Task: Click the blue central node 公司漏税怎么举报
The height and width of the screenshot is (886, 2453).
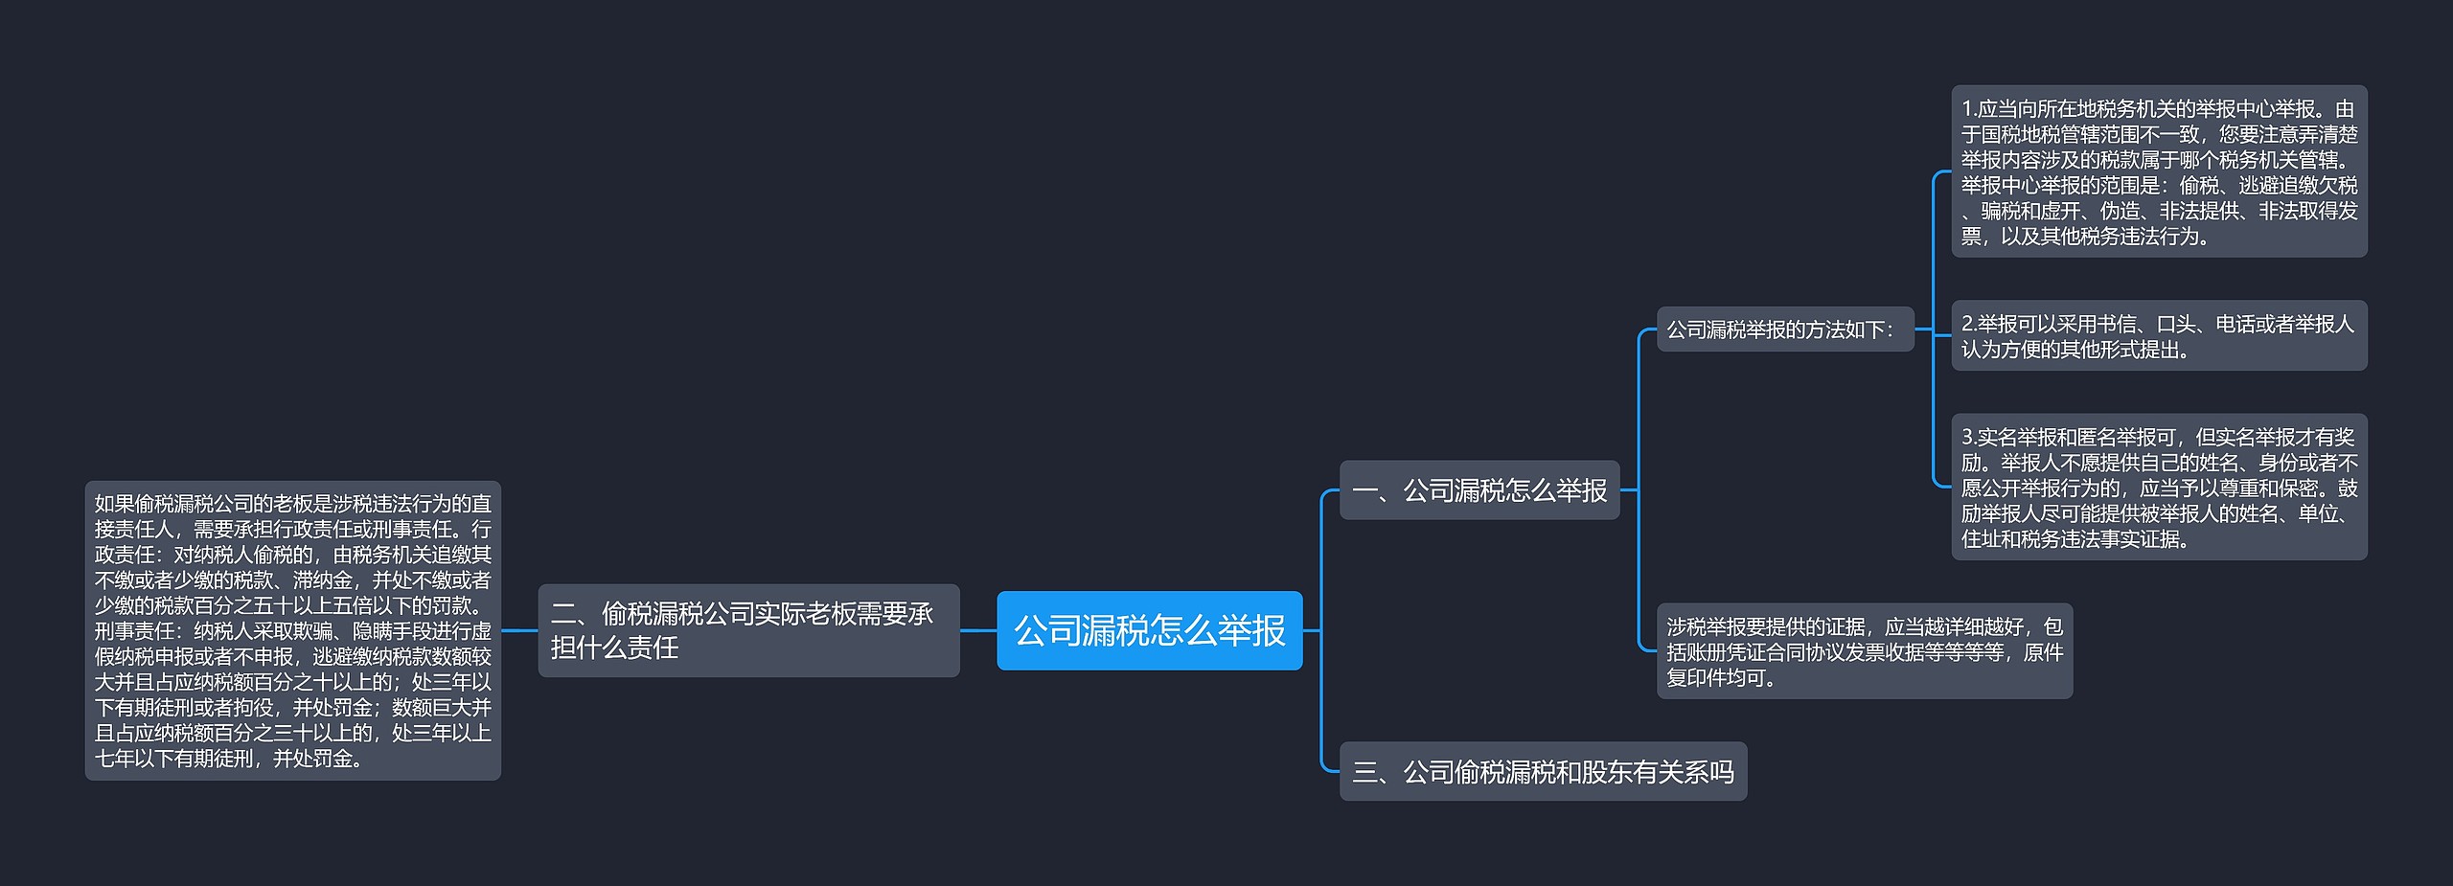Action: [x=1149, y=630]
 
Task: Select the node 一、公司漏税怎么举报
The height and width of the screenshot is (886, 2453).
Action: [x=1479, y=490]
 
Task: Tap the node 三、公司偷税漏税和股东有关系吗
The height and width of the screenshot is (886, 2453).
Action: [x=1543, y=771]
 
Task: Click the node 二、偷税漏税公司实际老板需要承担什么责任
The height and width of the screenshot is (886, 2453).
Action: [x=748, y=630]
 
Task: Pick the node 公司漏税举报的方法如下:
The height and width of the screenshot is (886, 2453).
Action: [x=1784, y=329]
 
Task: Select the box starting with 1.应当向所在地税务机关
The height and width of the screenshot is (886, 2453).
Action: [x=2159, y=171]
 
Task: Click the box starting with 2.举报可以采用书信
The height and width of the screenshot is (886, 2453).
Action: [x=2159, y=336]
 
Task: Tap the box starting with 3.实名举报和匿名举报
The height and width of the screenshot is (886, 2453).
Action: [x=2159, y=488]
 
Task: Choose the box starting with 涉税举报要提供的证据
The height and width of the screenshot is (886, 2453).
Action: [x=1864, y=651]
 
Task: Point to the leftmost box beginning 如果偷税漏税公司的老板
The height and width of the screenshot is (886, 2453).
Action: [x=292, y=630]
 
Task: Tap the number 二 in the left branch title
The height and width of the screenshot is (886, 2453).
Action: [x=562, y=614]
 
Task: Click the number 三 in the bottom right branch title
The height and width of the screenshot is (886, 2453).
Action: [x=1364, y=772]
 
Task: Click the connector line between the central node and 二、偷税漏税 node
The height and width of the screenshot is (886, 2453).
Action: [x=978, y=630]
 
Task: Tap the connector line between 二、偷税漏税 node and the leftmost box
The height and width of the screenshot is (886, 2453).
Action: [x=519, y=630]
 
